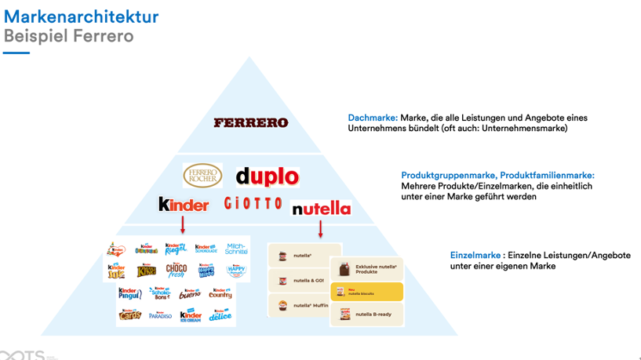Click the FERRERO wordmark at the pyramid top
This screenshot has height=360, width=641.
(x=251, y=122)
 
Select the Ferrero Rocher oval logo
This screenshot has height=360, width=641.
(x=202, y=176)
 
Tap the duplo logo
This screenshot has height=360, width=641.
(x=267, y=176)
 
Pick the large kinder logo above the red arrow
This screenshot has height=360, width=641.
(x=184, y=205)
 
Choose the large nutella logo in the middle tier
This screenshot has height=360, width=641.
(x=321, y=209)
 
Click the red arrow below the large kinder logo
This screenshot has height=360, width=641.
(x=183, y=225)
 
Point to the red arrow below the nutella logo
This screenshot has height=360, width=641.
(x=321, y=228)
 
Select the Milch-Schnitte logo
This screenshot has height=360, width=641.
(x=236, y=249)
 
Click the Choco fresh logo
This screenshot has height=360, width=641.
(x=177, y=271)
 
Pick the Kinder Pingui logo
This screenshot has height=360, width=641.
(x=129, y=293)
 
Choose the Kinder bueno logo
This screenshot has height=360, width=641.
(x=190, y=294)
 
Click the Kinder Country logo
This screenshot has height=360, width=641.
(x=220, y=293)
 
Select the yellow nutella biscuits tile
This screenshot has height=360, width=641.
(x=366, y=293)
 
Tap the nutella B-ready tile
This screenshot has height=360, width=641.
(x=366, y=315)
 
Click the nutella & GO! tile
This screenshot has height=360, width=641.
(x=298, y=280)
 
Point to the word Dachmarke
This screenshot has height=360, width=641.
(x=372, y=118)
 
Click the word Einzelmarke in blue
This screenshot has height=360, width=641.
(x=475, y=255)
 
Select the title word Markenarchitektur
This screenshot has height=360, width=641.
(x=82, y=16)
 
